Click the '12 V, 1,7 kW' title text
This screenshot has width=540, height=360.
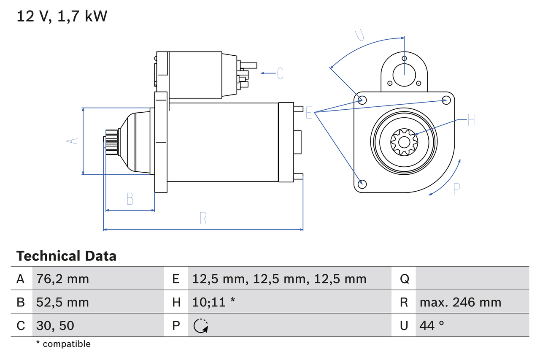[x=62, y=16]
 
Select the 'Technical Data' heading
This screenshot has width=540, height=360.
[x=66, y=256]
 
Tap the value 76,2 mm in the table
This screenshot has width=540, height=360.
[x=62, y=279]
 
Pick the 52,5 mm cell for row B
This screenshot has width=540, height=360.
[x=62, y=302]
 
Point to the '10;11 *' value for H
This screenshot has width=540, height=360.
[x=213, y=302]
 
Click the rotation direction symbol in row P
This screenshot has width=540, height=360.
[x=201, y=325]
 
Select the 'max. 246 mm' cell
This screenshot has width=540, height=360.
[x=460, y=302]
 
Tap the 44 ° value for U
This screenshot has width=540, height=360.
[x=432, y=325]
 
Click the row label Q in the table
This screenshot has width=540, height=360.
[x=404, y=279]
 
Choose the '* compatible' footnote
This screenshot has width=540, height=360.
[x=63, y=344]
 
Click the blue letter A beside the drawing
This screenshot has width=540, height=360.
[x=73, y=141]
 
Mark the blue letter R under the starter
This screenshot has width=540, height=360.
[x=203, y=218]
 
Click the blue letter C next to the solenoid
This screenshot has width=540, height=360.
[x=280, y=73]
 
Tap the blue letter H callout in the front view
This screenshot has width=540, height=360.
[x=471, y=120]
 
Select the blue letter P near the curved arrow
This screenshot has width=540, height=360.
[x=456, y=189]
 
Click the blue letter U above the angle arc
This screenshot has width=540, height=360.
[x=359, y=35]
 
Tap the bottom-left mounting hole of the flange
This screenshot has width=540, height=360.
[x=362, y=184]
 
